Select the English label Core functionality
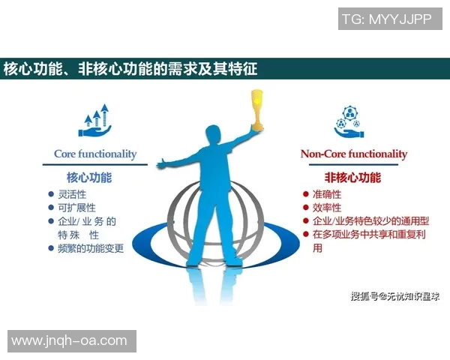click(x=95, y=154)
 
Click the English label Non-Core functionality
click(x=354, y=154)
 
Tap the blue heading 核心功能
click(x=89, y=178)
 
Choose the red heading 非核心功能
click(x=352, y=178)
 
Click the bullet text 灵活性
click(x=73, y=194)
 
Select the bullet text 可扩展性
click(x=77, y=208)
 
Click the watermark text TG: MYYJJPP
click(x=386, y=19)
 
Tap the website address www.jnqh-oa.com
click(x=69, y=340)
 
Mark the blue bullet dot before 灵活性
click(x=51, y=194)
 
